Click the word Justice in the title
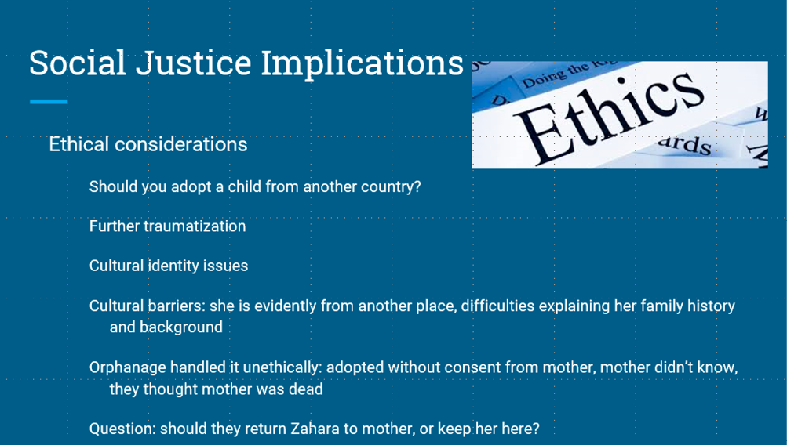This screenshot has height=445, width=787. tap(193, 63)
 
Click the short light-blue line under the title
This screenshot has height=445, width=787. tap(49, 102)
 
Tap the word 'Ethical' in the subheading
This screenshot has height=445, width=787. tap(78, 144)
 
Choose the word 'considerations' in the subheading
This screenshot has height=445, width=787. tap(180, 144)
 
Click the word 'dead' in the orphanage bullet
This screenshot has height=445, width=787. tap(306, 389)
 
